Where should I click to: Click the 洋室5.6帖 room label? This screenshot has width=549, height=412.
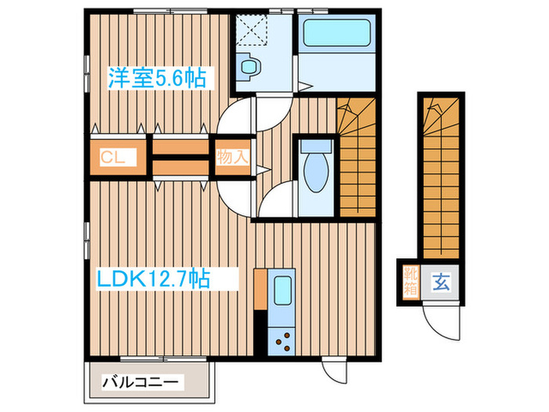click(157, 78)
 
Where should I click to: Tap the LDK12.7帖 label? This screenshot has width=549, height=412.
click(152, 278)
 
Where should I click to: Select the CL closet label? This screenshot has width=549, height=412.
click(113, 157)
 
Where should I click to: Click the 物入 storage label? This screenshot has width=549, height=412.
click(232, 157)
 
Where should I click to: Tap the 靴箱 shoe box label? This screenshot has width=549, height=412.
click(411, 279)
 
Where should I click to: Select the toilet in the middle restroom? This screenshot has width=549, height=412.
click(317, 169)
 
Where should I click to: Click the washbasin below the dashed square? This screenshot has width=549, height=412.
click(250, 67)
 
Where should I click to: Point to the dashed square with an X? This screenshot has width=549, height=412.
click(251, 31)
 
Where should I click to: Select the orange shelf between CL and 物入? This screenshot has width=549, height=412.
click(179, 157)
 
